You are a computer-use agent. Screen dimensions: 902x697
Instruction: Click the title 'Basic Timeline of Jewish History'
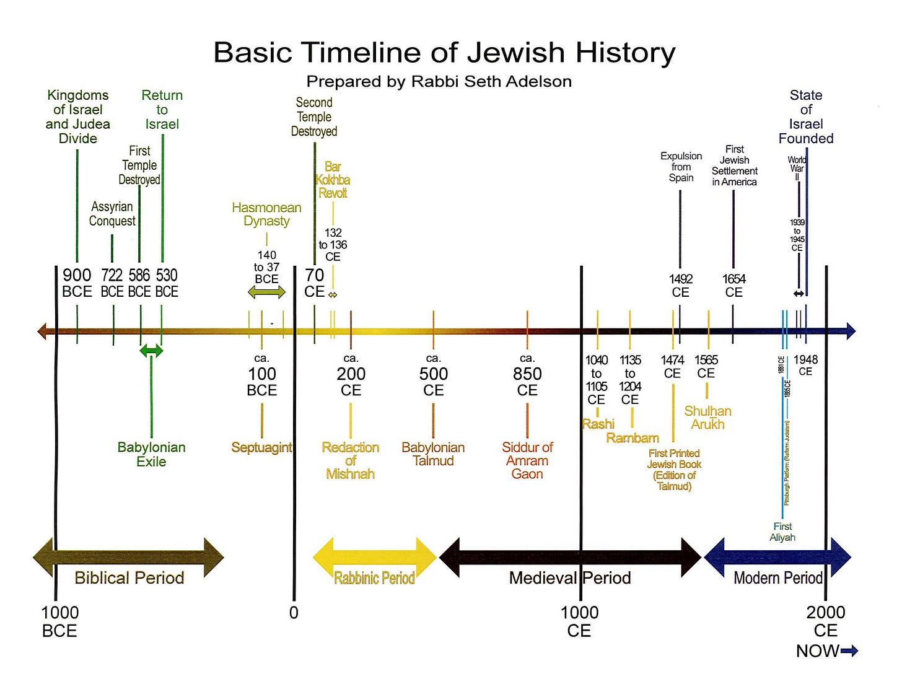point(444,53)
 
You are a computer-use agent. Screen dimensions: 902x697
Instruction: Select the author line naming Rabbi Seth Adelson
point(439,81)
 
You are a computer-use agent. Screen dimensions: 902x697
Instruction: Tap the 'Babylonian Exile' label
point(151,454)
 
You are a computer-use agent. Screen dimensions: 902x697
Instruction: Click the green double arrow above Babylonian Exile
point(151,351)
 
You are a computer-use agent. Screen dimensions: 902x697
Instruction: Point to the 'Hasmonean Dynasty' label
point(266,214)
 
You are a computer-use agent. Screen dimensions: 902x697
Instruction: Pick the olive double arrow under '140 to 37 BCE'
point(266,292)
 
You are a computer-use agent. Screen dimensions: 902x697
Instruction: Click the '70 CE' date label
point(314,283)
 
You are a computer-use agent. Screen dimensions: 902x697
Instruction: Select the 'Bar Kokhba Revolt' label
point(333,180)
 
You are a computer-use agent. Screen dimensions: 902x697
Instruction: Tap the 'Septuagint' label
point(261,447)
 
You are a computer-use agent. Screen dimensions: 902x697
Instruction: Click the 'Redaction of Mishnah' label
point(350,460)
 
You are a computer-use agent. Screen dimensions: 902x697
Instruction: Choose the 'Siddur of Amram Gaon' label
point(527,460)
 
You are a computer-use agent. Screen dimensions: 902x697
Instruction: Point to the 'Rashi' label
point(598,424)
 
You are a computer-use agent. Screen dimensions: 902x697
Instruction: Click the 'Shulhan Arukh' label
point(707,418)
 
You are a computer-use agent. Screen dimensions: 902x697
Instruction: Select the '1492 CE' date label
point(681,286)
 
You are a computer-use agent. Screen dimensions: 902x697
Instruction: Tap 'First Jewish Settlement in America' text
point(734,165)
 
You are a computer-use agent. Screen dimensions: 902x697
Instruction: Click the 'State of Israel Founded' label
point(806,116)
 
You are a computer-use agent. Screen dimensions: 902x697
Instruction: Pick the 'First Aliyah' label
point(782,532)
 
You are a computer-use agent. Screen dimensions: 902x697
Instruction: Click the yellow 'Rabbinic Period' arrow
point(374,558)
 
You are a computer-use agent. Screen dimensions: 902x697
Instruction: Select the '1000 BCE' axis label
point(59,621)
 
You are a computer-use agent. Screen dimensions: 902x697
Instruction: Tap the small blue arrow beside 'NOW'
point(850,651)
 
